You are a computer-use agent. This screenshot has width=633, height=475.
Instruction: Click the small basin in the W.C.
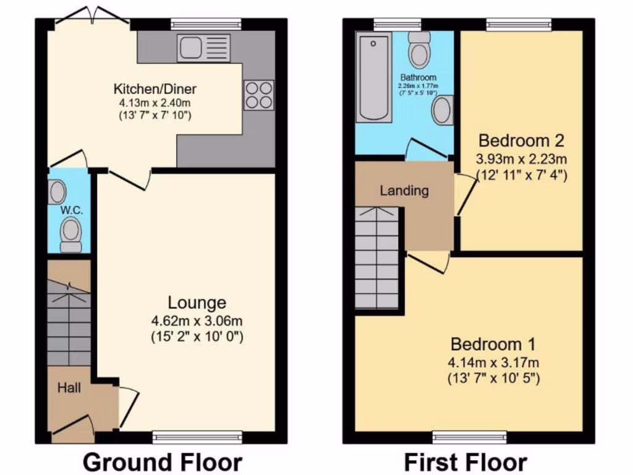coord(57,192)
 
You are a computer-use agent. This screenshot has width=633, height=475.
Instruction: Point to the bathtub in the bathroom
coord(374,77)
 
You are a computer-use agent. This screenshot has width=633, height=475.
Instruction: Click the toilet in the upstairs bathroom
coord(420,49)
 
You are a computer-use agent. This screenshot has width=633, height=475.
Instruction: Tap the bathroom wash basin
coord(442,111)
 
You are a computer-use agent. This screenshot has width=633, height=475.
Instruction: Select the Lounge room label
coord(197,303)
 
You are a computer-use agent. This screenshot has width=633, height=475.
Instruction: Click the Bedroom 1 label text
coord(493,344)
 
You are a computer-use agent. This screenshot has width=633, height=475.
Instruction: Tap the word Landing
coord(404,190)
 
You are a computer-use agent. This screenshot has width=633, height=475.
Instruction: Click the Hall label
coord(69,389)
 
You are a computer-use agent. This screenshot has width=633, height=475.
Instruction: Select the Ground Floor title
coord(162,462)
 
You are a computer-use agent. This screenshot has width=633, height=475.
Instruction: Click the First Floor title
coord(465,462)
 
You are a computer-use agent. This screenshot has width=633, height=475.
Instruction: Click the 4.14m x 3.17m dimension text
coord(493,362)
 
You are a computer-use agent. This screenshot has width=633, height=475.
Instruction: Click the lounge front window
coord(185,438)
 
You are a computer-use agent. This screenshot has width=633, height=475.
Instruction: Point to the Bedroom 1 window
coord(470,438)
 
